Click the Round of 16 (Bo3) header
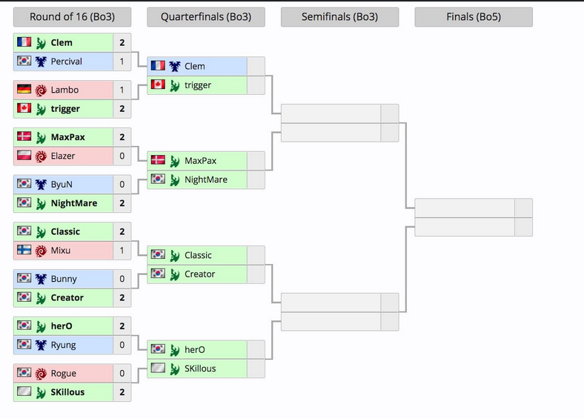pos(72,17)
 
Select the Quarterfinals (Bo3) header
pos(205,17)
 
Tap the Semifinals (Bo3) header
pos(339,17)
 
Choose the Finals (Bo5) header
pos(473,17)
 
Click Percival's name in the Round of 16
pos(67,62)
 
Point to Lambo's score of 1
pos(122,90)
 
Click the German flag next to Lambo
pos(24,90)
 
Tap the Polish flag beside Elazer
pos(24,156)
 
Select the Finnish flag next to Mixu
pos(24,251)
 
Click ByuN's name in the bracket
pos(62,184)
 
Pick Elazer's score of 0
pos(122,156)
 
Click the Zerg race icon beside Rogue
pos(41,373)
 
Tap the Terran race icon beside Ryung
pos(41,345)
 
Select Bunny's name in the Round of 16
pos(64,279)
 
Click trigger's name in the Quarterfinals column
pos(199,85)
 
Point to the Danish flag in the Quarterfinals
pos(157,160)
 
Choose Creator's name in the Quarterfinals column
pos(200,274)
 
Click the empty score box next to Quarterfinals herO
pos(256,349)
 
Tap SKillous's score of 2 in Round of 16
pos(122,392)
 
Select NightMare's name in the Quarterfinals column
pos(206,179)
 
